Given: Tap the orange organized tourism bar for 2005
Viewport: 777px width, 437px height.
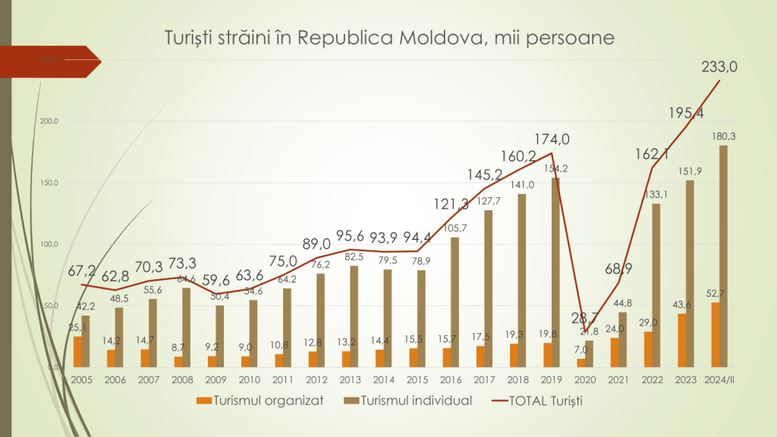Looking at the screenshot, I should [77, 351].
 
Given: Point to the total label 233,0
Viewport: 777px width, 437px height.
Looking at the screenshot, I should [719, 67].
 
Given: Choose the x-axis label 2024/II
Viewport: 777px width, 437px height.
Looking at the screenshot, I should [719, 379].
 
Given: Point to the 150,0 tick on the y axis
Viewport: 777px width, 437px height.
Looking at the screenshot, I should [48, 183].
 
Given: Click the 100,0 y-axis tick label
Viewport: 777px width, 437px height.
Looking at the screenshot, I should [48, 244].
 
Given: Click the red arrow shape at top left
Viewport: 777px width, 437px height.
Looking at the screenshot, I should [53, 61].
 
